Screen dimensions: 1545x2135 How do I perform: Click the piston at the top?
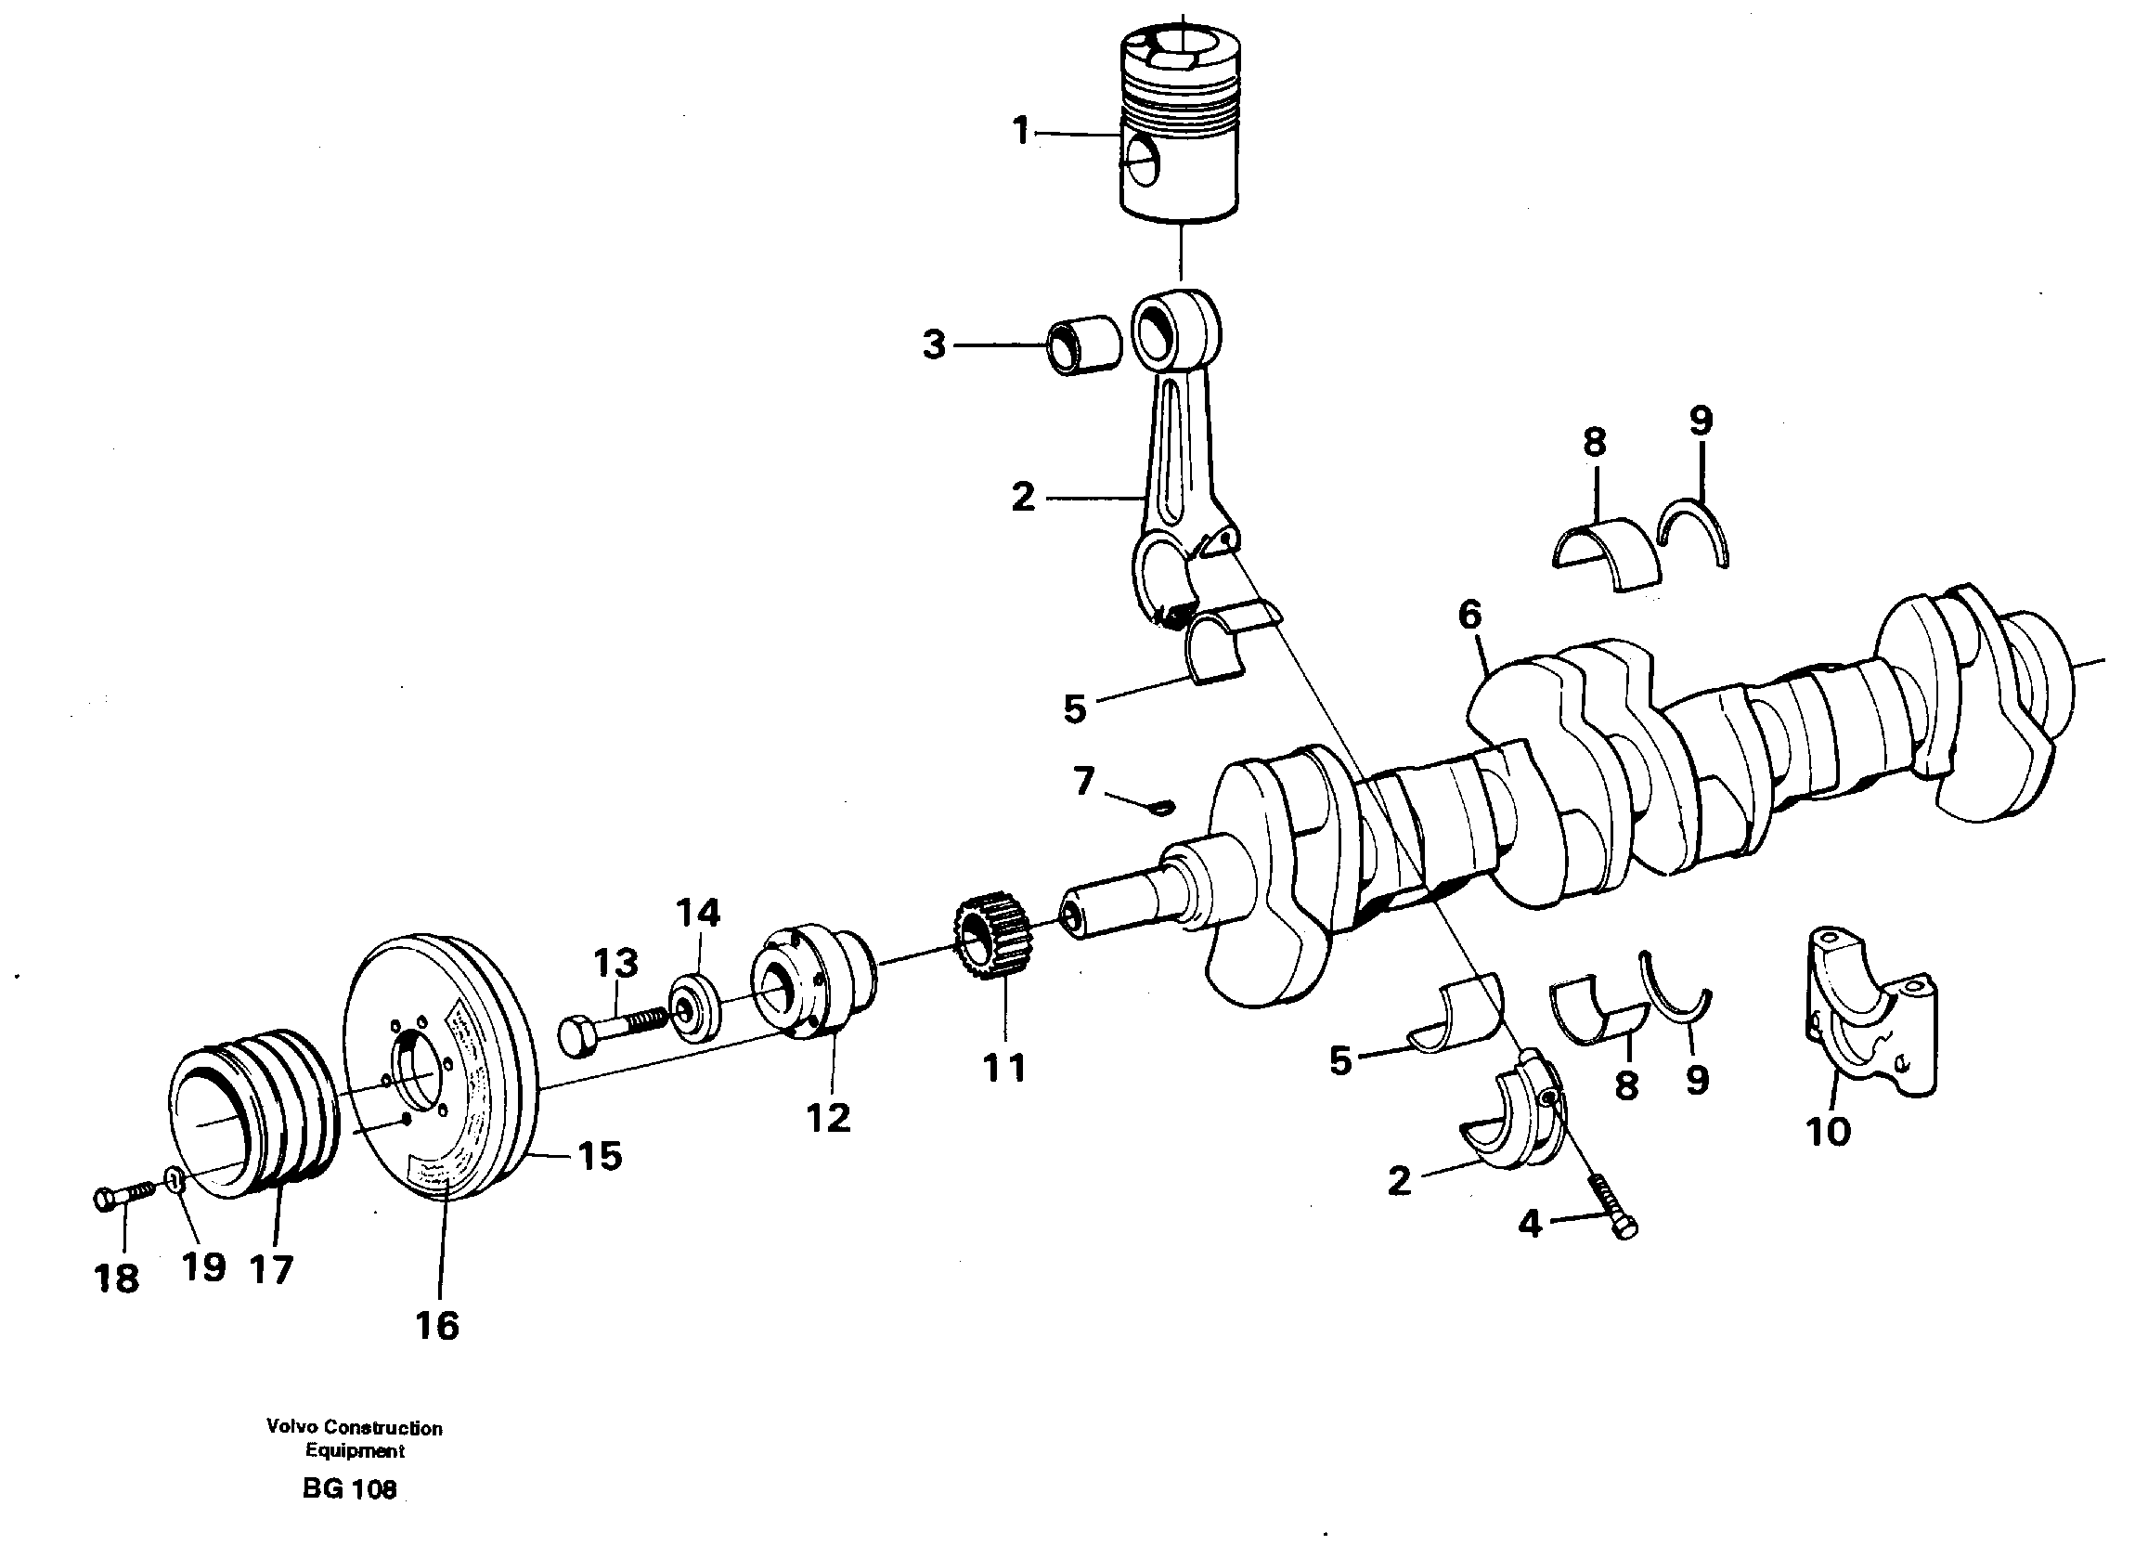tap(1179, 132)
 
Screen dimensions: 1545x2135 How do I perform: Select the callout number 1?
tap(1020, 132)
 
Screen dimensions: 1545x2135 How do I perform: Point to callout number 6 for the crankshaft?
tap(1469, 616)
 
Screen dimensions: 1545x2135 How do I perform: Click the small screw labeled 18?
tap(123, 1197)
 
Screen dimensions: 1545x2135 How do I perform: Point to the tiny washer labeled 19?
tap(175, 1178)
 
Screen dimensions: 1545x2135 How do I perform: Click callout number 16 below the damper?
tap(437, 1326)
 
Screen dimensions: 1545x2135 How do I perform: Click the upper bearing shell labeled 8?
tap(1605, 553)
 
